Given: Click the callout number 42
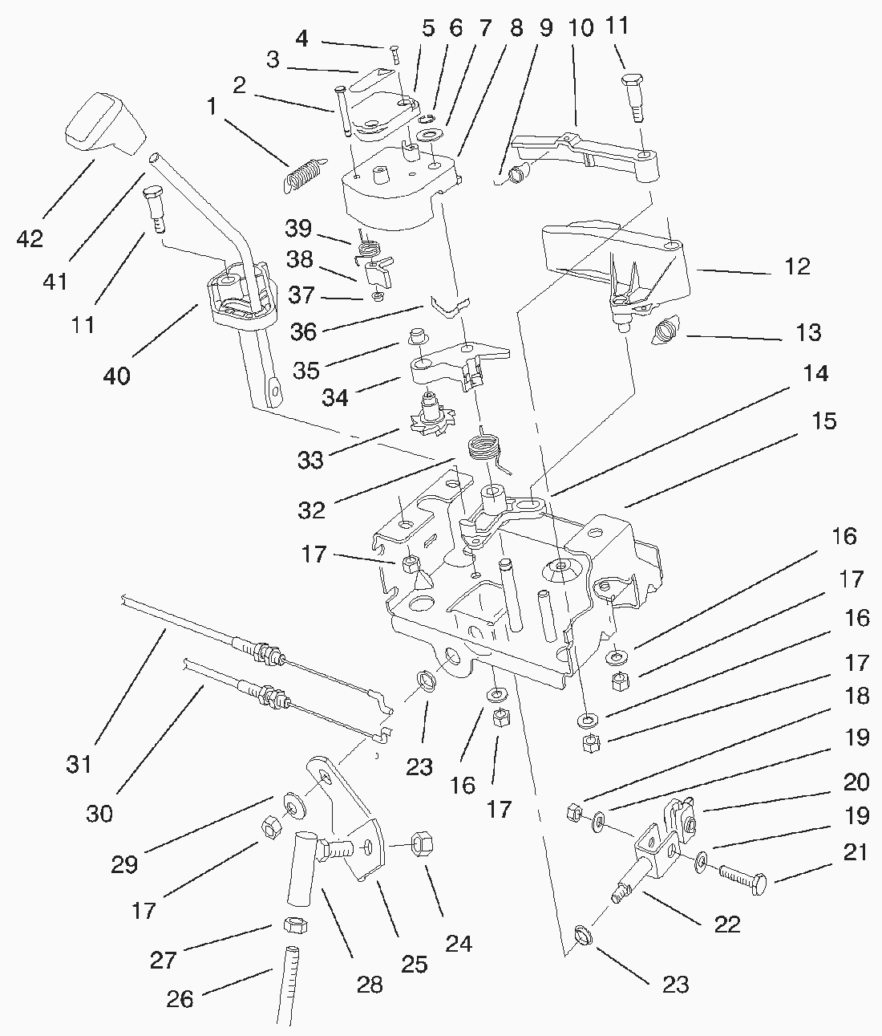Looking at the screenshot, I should pyautogui.click(x=30, y=239).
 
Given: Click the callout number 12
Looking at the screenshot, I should pyautogui.click(x=796, y=266).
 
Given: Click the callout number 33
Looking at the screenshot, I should pyautogui.click(x=310, y=460).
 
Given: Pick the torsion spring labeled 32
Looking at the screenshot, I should pyautogui.click(x=483, y=446).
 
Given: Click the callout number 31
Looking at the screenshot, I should pyautogui.click(x=79, y=764).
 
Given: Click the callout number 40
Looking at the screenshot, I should pyautogui.click(x=117, y=375).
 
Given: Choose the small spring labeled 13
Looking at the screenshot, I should pyautogui.click(x=666, y=329).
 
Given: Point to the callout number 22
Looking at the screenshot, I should pyautogui.click(x=726, y=924).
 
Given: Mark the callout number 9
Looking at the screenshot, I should pyautogui.click(x=545, y=29).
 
